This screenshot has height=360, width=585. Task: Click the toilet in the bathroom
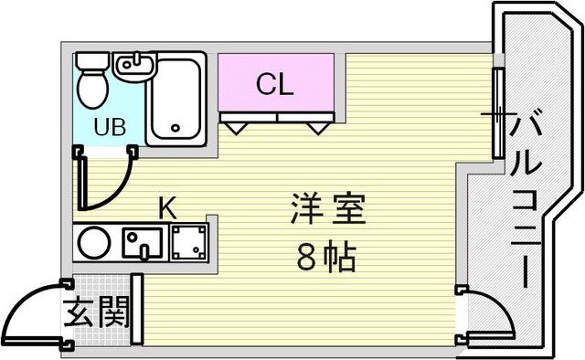coord(92,80)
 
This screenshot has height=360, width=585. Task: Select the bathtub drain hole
coord(175,128)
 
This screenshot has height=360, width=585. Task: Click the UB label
coord(110,127)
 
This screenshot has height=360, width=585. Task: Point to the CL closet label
coord(274,84)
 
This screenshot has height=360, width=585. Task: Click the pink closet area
coord(276,82)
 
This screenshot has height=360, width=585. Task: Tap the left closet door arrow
coord(236,128)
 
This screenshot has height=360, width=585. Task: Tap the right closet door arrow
coord(318,128)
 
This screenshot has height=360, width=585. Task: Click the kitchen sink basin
coord(143,243)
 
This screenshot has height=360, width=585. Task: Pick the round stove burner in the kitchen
coord(94,243)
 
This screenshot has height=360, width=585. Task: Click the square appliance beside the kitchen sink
coord(189,243)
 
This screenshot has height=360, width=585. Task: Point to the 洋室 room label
coord(328,209)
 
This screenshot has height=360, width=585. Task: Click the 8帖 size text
coord(326,258)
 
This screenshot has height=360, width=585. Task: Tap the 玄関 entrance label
coord(97,312)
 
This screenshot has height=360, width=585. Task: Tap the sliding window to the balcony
coord(498,113)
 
